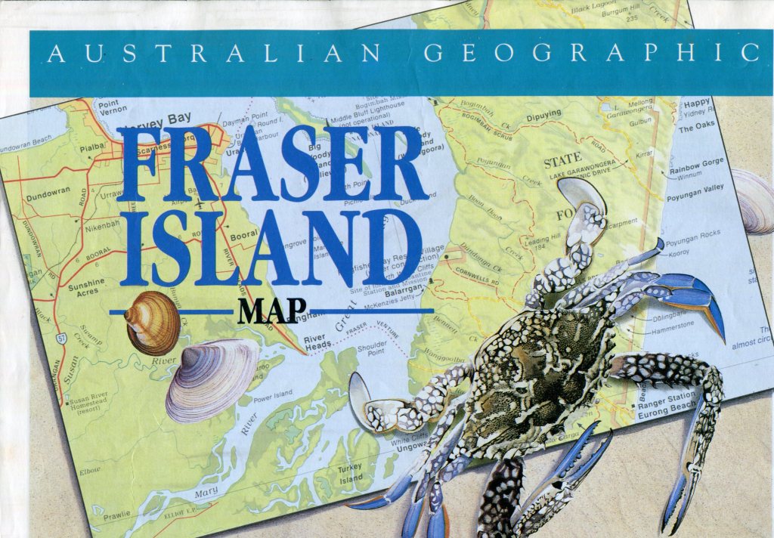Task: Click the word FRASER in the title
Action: [272, 164]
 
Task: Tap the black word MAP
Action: [273, 310]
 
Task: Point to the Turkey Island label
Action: [350, 474]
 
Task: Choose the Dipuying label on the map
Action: [543, 115]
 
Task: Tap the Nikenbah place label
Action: [102, 226]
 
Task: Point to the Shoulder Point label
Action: [371, 347]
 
